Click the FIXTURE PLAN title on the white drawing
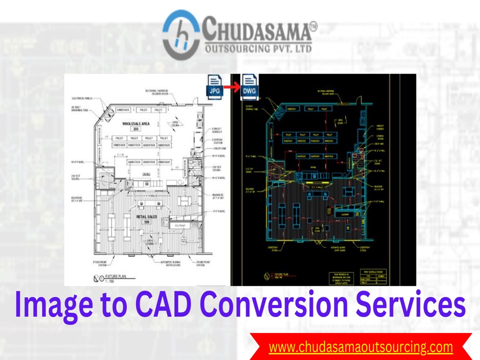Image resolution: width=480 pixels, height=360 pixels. coord(111,276)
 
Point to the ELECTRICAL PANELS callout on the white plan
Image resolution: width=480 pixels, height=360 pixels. coord(83,98)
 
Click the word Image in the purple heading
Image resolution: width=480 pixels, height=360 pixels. coord(49,304)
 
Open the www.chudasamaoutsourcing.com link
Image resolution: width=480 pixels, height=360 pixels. coord(360,346)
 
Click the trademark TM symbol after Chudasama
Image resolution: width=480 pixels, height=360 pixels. coord(313,25)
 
